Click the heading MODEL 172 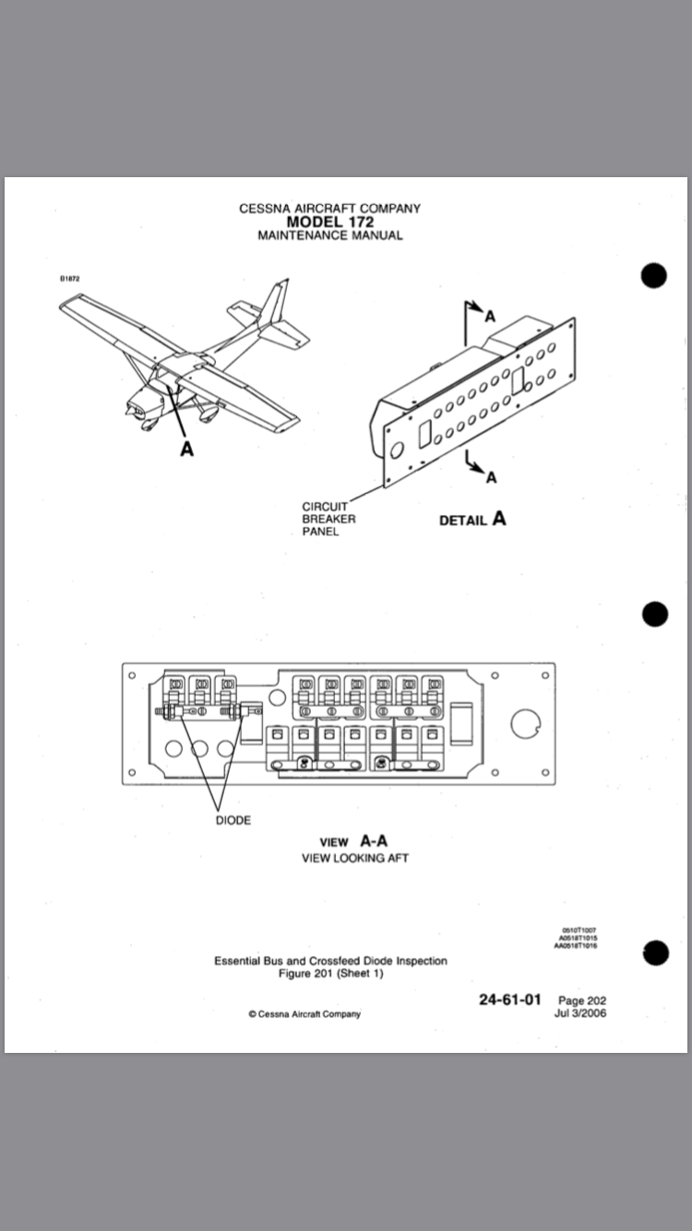[329, 221]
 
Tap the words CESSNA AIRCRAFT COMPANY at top [329, 209]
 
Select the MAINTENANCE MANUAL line [329, 235]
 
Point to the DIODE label [233, 820]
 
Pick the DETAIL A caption [472, 519]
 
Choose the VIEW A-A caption [353, 842]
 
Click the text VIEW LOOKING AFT [354, 858]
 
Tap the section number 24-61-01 [510, 999]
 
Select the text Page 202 [582, 1000]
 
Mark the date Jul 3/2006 [582, 1013]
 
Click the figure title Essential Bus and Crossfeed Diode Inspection [330, 961]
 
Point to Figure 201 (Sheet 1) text [330, 974]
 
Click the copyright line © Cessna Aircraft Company [304, 1014]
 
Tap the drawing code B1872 [69, 278]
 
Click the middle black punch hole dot [654, 615]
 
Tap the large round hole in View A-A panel [525, 724]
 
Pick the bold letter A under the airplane [186, 449]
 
